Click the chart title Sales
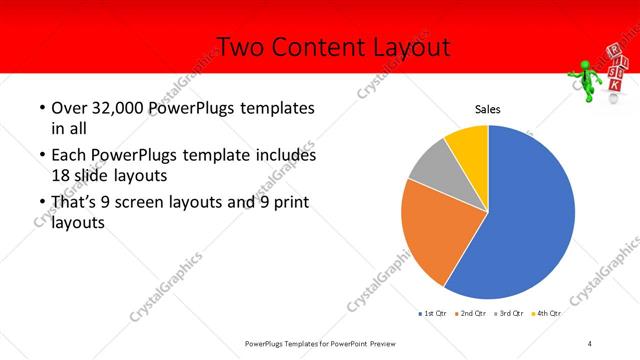487,110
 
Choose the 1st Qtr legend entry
432,314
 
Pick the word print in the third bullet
289,203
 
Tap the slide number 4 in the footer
590,343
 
